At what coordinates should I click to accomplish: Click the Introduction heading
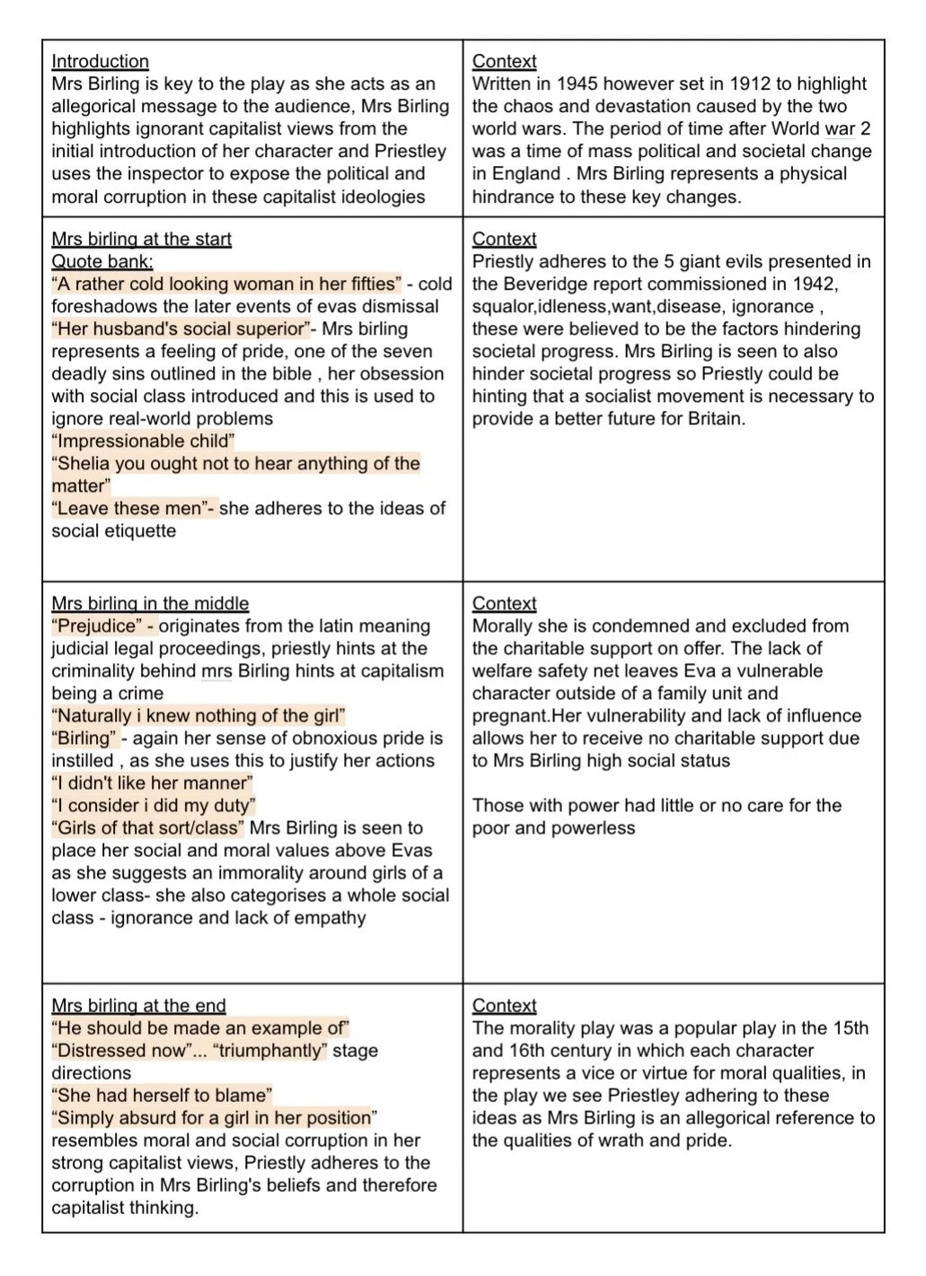100,62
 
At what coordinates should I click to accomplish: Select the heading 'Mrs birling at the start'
141,240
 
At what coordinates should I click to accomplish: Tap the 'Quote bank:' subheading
101,262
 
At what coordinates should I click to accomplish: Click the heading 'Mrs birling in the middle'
150,604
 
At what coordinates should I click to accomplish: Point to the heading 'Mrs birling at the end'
138,1006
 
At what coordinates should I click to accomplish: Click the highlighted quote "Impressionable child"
143,441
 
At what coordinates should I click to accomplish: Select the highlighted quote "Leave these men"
133,509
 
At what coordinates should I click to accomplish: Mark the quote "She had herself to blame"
162,1096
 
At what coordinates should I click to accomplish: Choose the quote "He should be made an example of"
200,1028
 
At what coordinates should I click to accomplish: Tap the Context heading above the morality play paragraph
504,1006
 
